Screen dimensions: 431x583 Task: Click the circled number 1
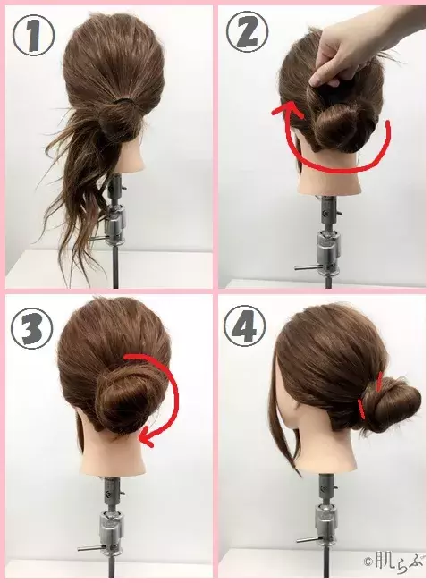(34, 35)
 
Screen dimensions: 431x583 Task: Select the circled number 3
(31, 328)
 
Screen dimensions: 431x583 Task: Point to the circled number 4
(245, 326)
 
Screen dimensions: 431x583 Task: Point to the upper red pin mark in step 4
(380, 383)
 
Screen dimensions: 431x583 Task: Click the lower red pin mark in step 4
(362, 408)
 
